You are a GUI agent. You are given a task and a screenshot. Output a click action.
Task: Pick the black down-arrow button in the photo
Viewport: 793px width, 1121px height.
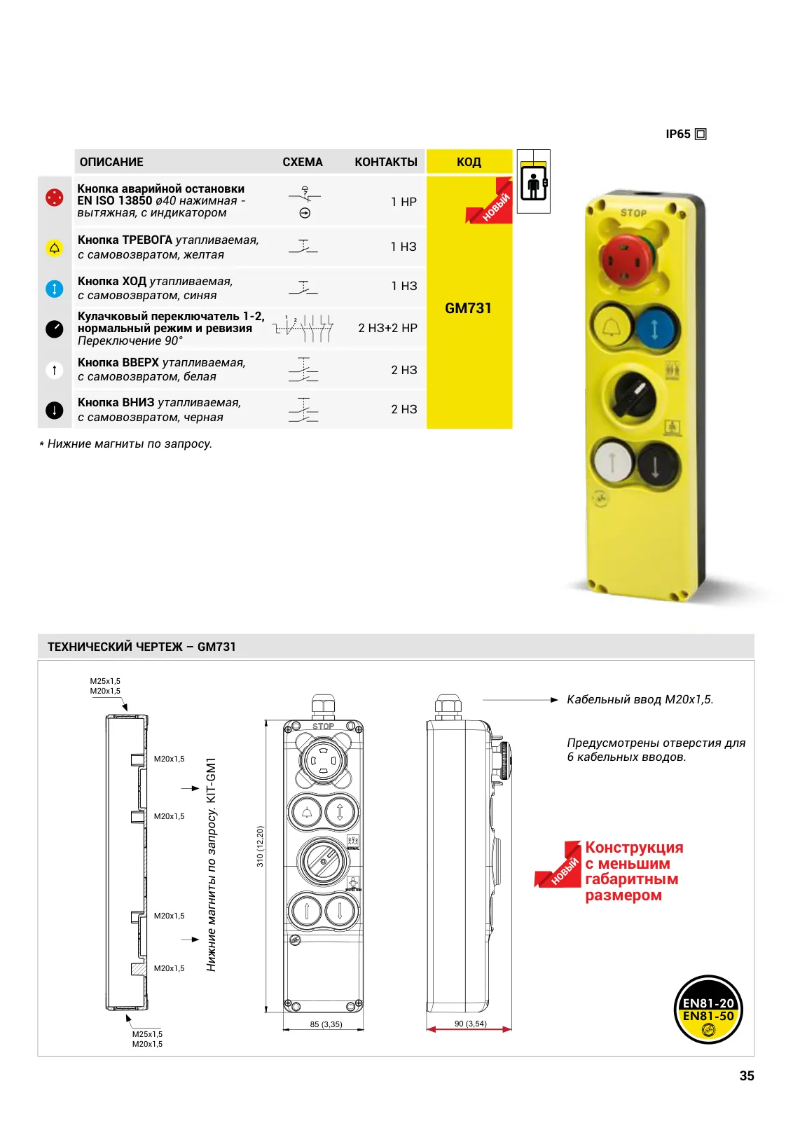(x=656, y=465)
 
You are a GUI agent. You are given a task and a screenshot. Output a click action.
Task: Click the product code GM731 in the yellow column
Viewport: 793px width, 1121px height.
(x=468, y=308)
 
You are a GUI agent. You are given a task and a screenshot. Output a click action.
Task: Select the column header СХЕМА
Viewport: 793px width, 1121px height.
(x=302, y=162)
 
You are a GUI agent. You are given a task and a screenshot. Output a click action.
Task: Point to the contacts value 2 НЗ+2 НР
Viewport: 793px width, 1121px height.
(x=387, y=328)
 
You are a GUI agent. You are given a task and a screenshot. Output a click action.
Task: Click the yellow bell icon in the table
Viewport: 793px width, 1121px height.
(x=55, y=248)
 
